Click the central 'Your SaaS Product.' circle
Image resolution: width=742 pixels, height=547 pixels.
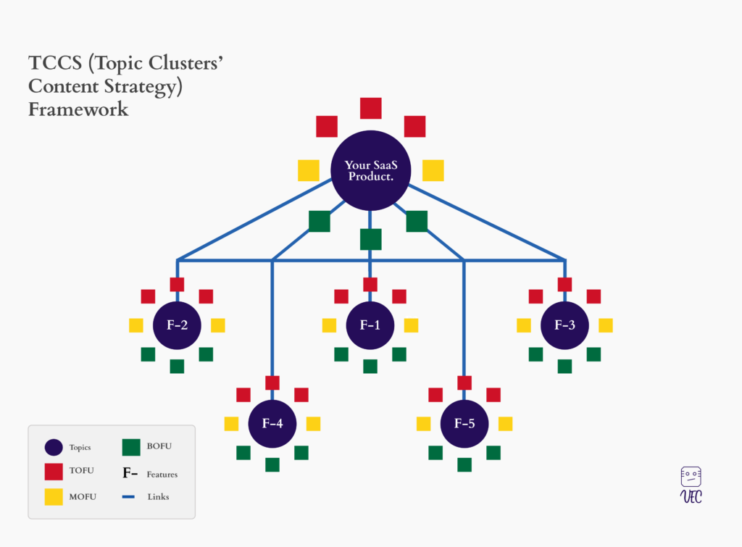coord(370,170)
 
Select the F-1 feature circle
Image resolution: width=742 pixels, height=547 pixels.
coord(370,325)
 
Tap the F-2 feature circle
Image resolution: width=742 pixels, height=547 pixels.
coord(177,325)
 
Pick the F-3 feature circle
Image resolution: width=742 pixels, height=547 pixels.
coord(564,325)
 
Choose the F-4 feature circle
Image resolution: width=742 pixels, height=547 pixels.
coord(272,424)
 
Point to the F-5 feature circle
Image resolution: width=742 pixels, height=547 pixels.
coord(464,424)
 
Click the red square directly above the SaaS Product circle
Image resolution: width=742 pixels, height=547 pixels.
coord(370,109)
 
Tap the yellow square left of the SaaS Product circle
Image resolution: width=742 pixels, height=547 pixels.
coord(309,170)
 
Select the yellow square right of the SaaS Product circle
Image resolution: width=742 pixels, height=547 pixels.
coord(433,170)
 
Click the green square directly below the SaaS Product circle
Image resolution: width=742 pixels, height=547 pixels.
coord(370,239)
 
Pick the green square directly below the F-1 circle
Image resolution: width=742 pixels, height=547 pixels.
coord(370,367)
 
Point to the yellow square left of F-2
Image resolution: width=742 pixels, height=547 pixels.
coord(136,325)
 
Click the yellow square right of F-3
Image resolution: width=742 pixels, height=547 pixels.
coord(606,325)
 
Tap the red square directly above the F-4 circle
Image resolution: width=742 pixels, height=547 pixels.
coord(272,383)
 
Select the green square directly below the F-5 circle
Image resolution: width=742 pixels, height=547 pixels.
coord(464,464)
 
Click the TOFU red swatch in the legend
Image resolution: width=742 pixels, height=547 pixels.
coord(54,472)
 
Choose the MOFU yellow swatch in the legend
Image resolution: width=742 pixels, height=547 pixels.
coord(54,497)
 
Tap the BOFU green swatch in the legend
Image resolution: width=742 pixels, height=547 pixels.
coord(131,447)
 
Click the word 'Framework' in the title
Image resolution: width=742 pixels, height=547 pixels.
coord(78,109)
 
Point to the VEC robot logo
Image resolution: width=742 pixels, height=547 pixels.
coord(691,485)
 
